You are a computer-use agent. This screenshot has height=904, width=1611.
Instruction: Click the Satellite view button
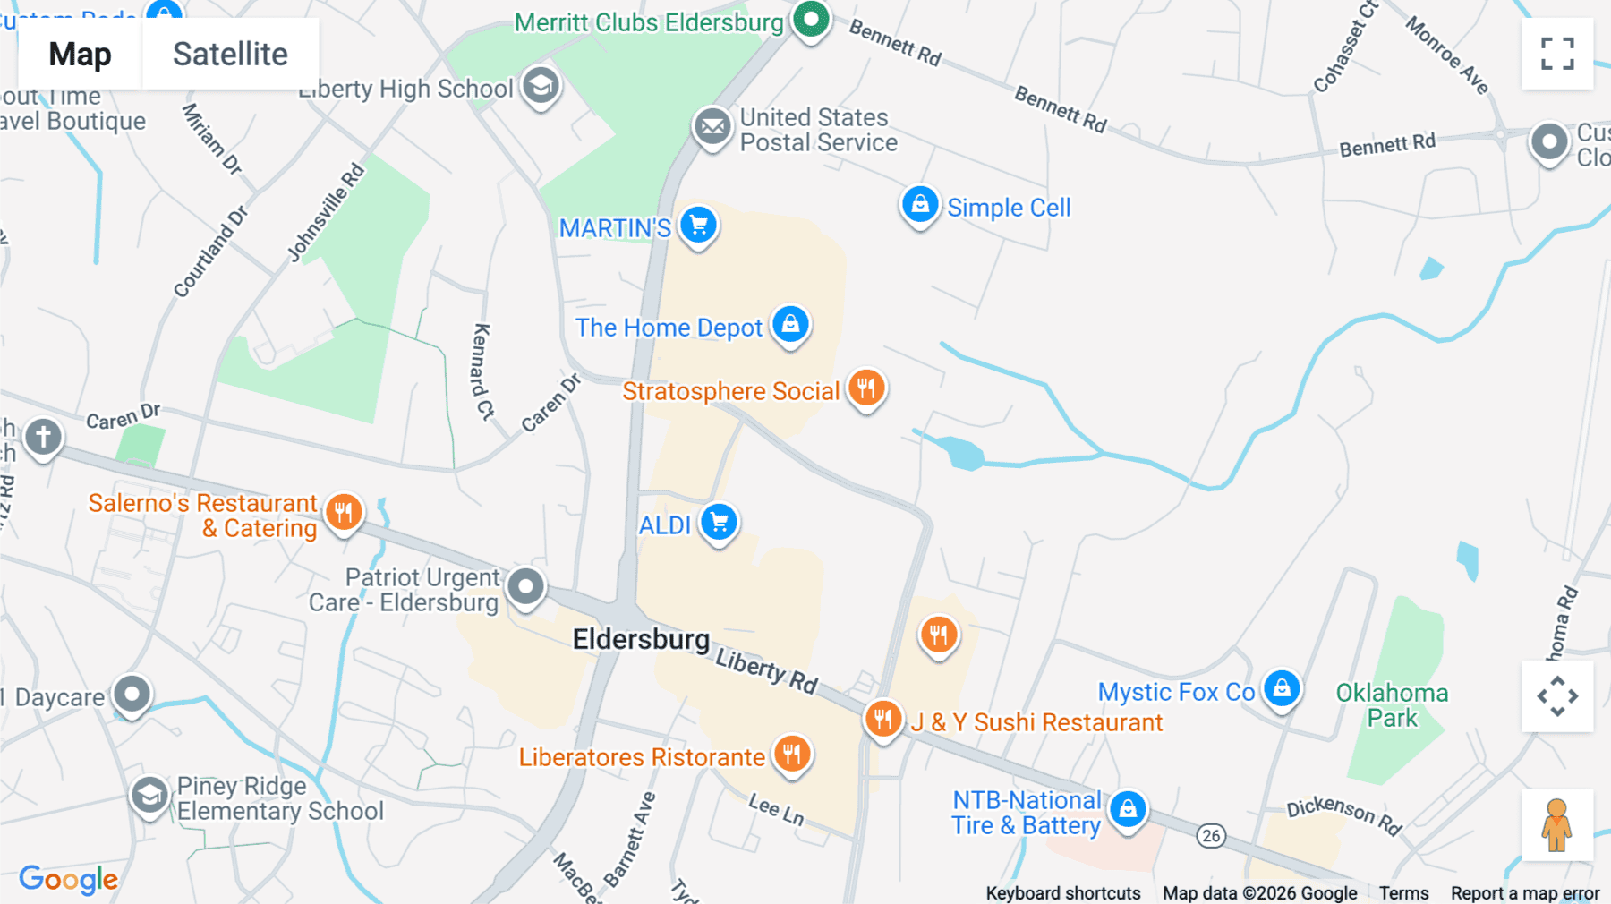pyautogui.click(x=230, y=54)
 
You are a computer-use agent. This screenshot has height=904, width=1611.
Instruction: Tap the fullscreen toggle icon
pyautogui.click(x=1557, y=54)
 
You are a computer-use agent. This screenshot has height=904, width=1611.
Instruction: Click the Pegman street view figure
pyautogui.click(x=1557, y=824)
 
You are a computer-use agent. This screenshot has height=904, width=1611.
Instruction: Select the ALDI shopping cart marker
pyautogui.click(x=719, y=522)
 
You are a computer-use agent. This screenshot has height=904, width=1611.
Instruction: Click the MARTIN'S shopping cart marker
pyautogui.click(x=698, y=225)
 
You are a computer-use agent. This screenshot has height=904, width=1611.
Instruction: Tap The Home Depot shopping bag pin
pyautogui.click(x=790, y=324)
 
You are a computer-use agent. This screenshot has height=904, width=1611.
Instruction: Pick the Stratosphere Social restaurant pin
pyautogui.click(x=865, y=388)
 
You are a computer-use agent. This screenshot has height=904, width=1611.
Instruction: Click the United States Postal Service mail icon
pyautogui.click(x=712, y=127)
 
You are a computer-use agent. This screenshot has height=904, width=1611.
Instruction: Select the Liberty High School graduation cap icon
pyautogui.click(x=541, y=86)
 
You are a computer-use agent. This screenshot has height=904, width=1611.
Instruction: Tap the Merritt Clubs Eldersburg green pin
pyautogui.click(x=811, y=19)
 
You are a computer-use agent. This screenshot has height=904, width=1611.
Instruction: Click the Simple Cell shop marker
pyautogui.click(x=919, y=205)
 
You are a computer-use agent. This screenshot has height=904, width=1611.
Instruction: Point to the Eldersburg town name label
pyautogui.click(x=641, y=639)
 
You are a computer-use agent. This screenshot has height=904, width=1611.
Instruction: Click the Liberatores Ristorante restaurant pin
pyautogui.click(x=791, y=754)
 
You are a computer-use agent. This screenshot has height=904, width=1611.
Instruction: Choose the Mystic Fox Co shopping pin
pyautogui.click(x=1282, y=688)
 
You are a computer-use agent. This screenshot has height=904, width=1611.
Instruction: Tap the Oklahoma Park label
pyautogui.click(x=1392, y=705)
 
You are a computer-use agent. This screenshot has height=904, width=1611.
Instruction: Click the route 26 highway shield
pyautogui.click(x=1211, y=835)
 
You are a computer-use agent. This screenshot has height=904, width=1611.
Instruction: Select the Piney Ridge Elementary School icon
pyautogui.click(x=149, y=795)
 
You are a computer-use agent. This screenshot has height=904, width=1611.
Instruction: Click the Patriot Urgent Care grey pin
pyautogui.click(x=525, y=587)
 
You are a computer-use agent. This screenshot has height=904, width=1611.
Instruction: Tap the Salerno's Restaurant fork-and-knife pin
pyautogui.click(x=344, y=513)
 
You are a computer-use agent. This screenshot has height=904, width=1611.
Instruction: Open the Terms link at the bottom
pyautogui.click(x=1403, y=892)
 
